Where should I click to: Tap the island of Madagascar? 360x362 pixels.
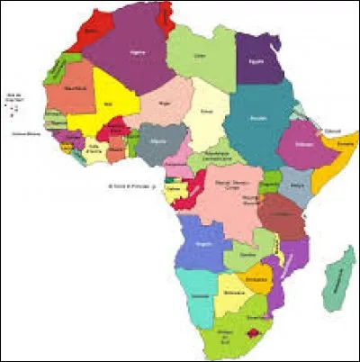pos(337,279)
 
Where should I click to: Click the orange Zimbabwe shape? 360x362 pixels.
pos(258,275)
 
